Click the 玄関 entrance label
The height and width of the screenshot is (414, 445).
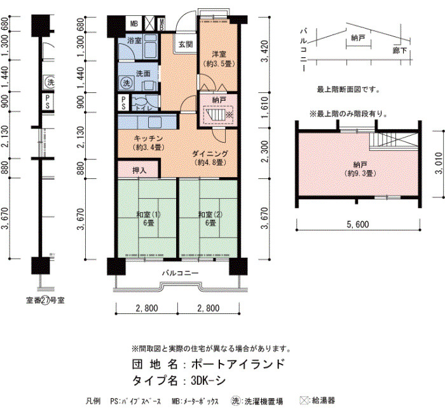coord(186,44)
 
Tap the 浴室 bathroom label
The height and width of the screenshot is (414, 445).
coord(134,40)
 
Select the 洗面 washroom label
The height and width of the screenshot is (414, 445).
coord(143,74)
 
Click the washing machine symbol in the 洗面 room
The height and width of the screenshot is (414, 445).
coord(127,83)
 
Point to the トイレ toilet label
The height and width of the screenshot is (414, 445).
coord(144,108)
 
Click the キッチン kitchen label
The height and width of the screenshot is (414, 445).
coord(148,138)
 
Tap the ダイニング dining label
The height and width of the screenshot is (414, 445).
coord(210,154)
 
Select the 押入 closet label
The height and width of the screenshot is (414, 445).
coord(139,170)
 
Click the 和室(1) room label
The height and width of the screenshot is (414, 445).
coord(148,214)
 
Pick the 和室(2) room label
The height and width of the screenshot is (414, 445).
coord(210,214)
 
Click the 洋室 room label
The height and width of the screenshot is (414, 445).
coord(219,54)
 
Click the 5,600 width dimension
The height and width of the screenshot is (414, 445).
coord(358,224)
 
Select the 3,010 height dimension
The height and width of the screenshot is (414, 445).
coord(439,163)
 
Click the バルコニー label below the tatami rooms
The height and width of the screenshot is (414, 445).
coord(181,273)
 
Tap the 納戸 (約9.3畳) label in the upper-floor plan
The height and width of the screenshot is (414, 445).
coord(360,169)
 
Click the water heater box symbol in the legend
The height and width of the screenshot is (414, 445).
coord(305,401)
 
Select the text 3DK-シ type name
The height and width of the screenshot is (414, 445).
coord(208,380)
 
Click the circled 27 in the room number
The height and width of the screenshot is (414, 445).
coord(45,301)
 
